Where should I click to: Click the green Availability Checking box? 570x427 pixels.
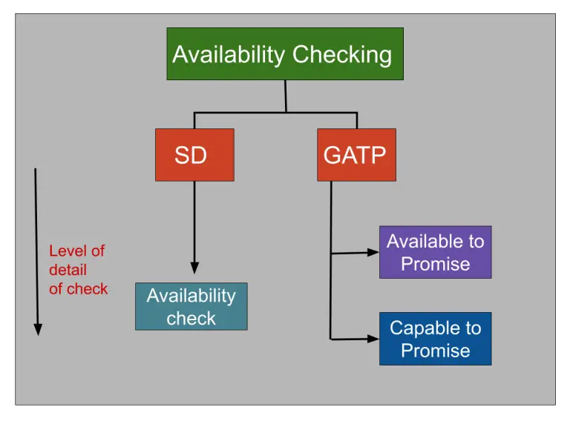(x=285, y=53)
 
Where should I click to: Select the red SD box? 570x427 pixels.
(x=194, y=155)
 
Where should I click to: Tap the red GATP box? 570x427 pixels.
(x=356, y=155)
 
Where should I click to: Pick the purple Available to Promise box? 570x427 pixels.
(x=435, y=252)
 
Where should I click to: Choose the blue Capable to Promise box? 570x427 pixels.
(x=435, y=339)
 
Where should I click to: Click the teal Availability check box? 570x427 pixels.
(x=191, y=306)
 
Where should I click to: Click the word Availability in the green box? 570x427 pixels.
(x=229, y=55)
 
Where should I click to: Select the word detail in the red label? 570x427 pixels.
(x=68, y=270)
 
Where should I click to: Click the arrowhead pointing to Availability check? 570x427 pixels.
(x=194, y=268)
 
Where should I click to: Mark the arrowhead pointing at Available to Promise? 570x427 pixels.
(x=373, y=252)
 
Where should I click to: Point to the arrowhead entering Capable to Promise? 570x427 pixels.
(x=373, y=339)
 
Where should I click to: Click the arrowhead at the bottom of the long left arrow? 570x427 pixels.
(x=38, y=328)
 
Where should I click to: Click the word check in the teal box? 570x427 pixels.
(x=191, y=318)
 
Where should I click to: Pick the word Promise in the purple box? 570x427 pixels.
(x=435, y=264)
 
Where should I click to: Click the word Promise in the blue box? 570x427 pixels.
(x=435, y=350)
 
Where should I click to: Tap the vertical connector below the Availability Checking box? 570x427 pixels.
(x=286, y=96)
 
